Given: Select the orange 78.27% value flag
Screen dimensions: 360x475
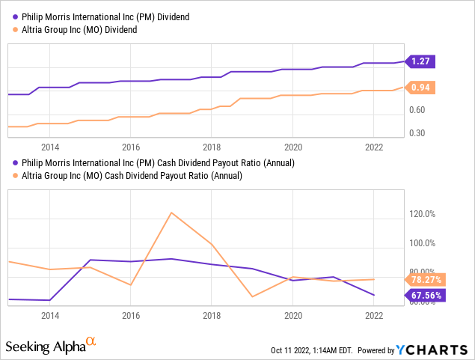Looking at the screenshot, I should pyautogui.click(x=426, y=280).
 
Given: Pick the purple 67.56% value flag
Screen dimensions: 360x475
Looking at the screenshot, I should pyautogui.click(x=426, y=295).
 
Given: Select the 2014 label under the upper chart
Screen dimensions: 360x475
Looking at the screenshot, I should pyautogui.click(x=50, y=147).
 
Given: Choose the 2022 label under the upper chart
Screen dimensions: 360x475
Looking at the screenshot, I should pyautogui.click(x=374, y=147).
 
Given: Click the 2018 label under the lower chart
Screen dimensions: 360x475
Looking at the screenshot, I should pyautogui.click(x=212, y=315).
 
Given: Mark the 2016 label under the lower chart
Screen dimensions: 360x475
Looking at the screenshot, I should pyautogui.click(x=131, y=315).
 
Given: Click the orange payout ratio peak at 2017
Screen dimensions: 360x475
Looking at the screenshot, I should pyautogui.click(x=171, y=213).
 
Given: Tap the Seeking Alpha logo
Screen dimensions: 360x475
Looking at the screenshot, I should pyautogui.click(x=50, y=346).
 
